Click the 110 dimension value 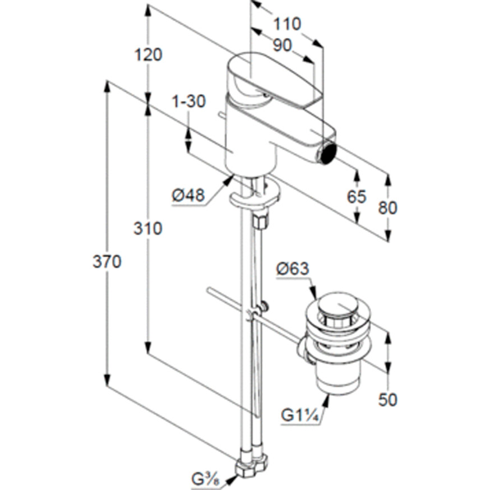pos(288,24)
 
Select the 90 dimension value pos(283,45)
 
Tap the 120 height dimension pos(148,54)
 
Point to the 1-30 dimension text pos(188,101)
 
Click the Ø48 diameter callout pos(188,195)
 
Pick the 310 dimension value pos(148,228)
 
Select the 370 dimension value pos(107,261)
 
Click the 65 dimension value pos(357,196)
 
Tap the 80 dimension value pos(387,207)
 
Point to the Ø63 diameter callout pos(293,269)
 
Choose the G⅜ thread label pos(205,479)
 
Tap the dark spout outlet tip pos(327,152)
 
